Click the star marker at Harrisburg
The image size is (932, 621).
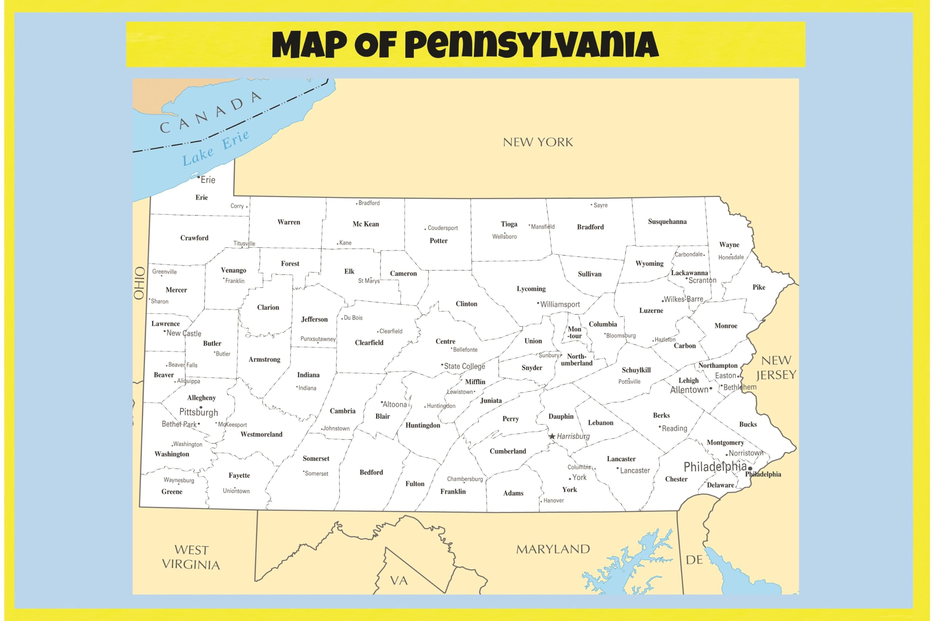pyautogui.click(x=552, y=437)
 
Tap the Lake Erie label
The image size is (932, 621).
pyautogui.click(x=215, y=147)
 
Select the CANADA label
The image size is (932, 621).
pyautogui.click(x=210, y=112)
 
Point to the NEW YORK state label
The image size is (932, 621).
pyautogui.click(x=538, y=142)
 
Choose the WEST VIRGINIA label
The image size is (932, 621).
pyautogui.click(x=191, y=557)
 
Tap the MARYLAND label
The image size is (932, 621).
pyautogui.click(x=553, y=549)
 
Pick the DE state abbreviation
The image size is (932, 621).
pyautogui.click(x=694, y=560)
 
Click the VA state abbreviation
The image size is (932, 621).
pyautogui.click(x=399, y=581)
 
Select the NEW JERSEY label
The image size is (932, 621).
pyautogui.click(x=776, y=367)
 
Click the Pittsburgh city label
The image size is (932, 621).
pyautogui.click(x=198, y=412)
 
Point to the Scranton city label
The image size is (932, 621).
pyautogui.click(x=702, y=280)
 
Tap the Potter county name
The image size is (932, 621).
pyautogui.click(x=438, y=241)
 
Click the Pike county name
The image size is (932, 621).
pyautogui.click(x=759, y=287)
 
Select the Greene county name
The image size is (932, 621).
pyautogui.click(x=171, y=492)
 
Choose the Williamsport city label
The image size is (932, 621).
pyautogui.click(x=560, y=304)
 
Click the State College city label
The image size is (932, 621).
pyautogui.click(x=465, y=366)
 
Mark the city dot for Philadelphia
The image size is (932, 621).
pyautogui.click(x=750, y=469)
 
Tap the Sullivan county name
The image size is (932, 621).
pyautogui.click(x=589, y=274)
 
